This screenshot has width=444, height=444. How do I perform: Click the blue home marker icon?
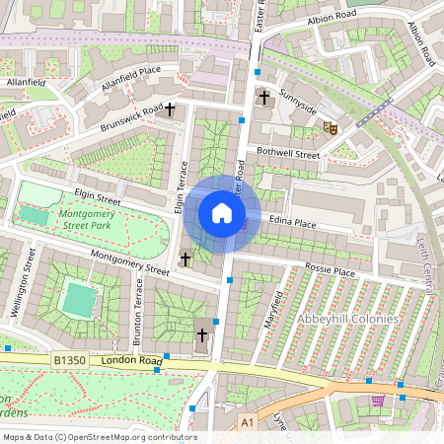click(x=222, y=213)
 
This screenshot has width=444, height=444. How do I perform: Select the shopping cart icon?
click(x=378, y=401)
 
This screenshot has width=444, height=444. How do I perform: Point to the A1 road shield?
click(x=247, y=421)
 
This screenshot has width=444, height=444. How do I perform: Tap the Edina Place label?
click(x=292, y=224)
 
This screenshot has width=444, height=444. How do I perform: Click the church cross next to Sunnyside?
click(x=263, y=97)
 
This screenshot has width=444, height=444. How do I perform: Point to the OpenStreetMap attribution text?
click(x=99, y=436)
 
